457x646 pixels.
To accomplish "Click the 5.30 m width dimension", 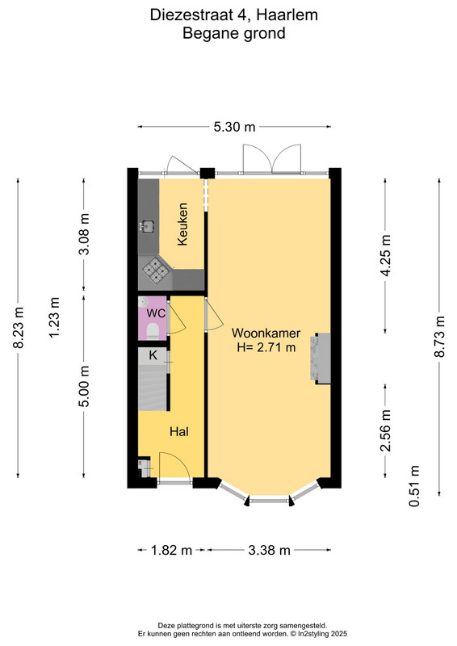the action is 234,127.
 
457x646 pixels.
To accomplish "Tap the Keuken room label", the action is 182,224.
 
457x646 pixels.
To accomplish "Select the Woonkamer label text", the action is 266,333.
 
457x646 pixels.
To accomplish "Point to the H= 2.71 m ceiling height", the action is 266,347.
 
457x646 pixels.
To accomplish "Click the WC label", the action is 156,313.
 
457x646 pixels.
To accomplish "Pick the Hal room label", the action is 179,432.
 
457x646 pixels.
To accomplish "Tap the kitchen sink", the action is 147,225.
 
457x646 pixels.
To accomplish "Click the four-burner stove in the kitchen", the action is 155,271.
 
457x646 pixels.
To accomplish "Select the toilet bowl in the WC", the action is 153,331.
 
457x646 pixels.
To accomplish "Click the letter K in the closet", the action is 153,355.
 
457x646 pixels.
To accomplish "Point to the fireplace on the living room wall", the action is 321,359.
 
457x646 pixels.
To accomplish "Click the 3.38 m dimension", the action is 269,550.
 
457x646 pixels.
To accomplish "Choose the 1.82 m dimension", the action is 171,550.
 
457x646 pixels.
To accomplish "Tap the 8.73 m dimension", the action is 440,337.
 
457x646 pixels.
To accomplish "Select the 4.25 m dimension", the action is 386,256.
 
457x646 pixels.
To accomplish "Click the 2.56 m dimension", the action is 386,430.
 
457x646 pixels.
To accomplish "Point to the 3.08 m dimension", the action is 84,234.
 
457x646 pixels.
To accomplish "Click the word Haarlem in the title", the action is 287,15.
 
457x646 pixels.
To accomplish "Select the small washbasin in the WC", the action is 142,302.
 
